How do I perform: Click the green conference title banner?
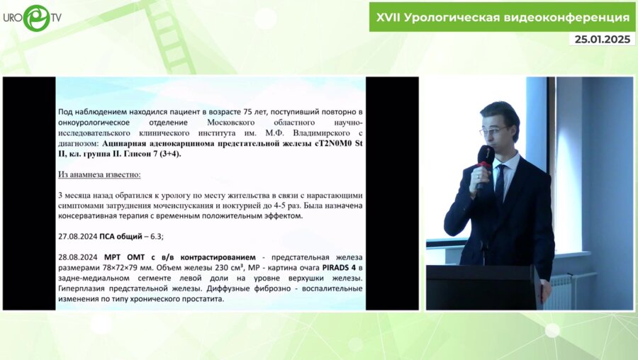tap(501, 16)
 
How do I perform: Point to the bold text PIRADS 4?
tap(337, 269)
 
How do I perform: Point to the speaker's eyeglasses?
tap(494, 130)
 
